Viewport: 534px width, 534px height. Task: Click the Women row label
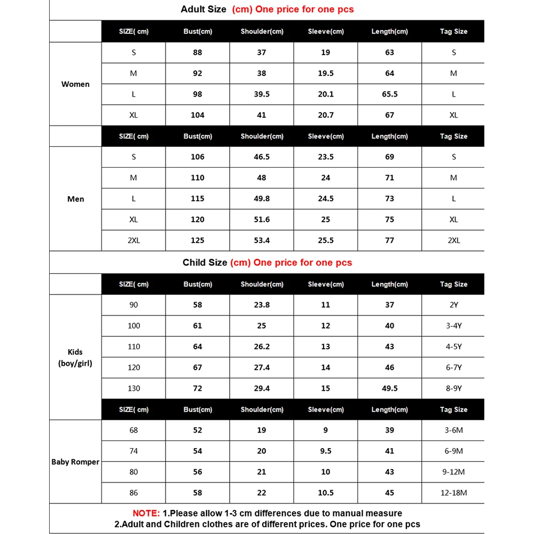tap(75, 84)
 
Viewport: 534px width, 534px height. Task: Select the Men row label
tap(75, 199)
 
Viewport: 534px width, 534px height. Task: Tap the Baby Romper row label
tap(75, 461)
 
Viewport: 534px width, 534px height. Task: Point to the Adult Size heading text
tap(204, 9)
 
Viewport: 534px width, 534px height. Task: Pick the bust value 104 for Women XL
tap(198, 115)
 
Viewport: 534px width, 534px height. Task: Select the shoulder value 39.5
tap(262, 94)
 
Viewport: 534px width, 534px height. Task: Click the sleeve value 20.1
tap(326, 94)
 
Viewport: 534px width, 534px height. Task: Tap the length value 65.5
tap(390, 94)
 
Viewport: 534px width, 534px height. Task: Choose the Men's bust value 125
tap(198, 240)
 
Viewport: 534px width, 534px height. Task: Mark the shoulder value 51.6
tap(262, 219)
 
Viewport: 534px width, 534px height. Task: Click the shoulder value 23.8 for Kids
tap(262, 305)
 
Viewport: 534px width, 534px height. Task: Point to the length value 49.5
tap(390, 388)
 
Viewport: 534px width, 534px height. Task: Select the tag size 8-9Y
tap(453, 388)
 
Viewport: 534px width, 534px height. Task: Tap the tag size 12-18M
tap(453, 492)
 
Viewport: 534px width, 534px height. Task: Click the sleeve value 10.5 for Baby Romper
tap(326, 492)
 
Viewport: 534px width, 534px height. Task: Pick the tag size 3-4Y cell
tap(453, 326)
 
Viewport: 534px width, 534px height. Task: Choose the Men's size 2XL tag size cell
tap(453, 240)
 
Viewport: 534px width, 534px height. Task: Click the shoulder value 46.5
tap(262, 157)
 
